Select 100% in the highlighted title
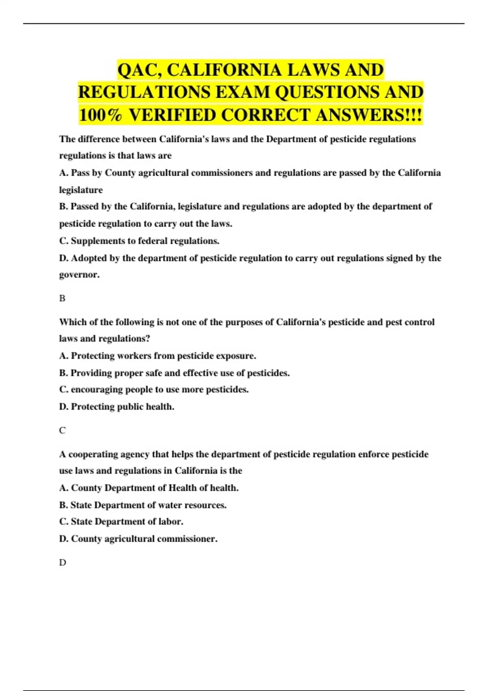(100, 115)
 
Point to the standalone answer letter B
(62, 298)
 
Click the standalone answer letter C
(62, 430)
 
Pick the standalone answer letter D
(62, 563)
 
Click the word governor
(79, 275)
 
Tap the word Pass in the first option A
(80, 173)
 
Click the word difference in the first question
(99, 139)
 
